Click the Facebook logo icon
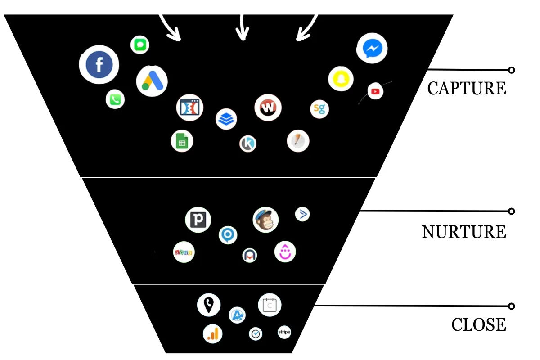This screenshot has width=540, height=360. [x=99, y=65]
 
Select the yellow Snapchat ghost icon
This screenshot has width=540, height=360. [x=341, y=79]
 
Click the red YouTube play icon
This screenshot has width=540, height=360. [x=375, y=91]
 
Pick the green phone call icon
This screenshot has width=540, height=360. [x=115, y=99]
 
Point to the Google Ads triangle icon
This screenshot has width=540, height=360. [x=152, y=81]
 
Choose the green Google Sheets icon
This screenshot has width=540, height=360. [x=182, y=141]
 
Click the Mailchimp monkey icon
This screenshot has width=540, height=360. [x=265, y=220]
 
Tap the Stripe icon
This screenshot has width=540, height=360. [x=284, y=333]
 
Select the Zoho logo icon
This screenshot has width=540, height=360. [x=184, y=252]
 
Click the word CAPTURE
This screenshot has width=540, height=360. [x=467, y=89]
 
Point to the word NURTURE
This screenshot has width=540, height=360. [x=464, y=232]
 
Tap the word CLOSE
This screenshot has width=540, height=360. [x=479, y=324]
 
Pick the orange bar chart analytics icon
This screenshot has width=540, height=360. [x=212, y=333]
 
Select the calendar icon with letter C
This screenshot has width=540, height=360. [x=270, y=305]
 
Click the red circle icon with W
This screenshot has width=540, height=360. [x=268, y=108]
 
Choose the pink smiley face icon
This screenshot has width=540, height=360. [x=285, y=252]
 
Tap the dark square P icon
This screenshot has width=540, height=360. [x=198, y=220]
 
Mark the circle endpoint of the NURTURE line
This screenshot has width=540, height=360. [x=511, y=211]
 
